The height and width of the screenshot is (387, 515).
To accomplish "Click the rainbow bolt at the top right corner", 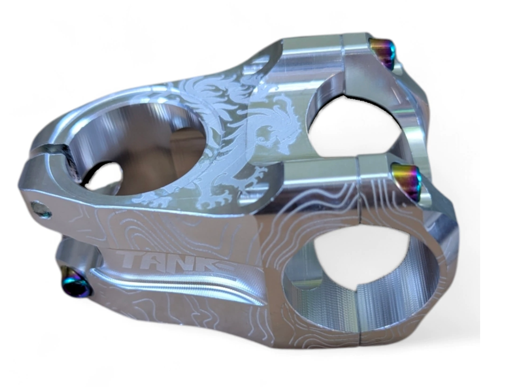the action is point(382,53).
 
